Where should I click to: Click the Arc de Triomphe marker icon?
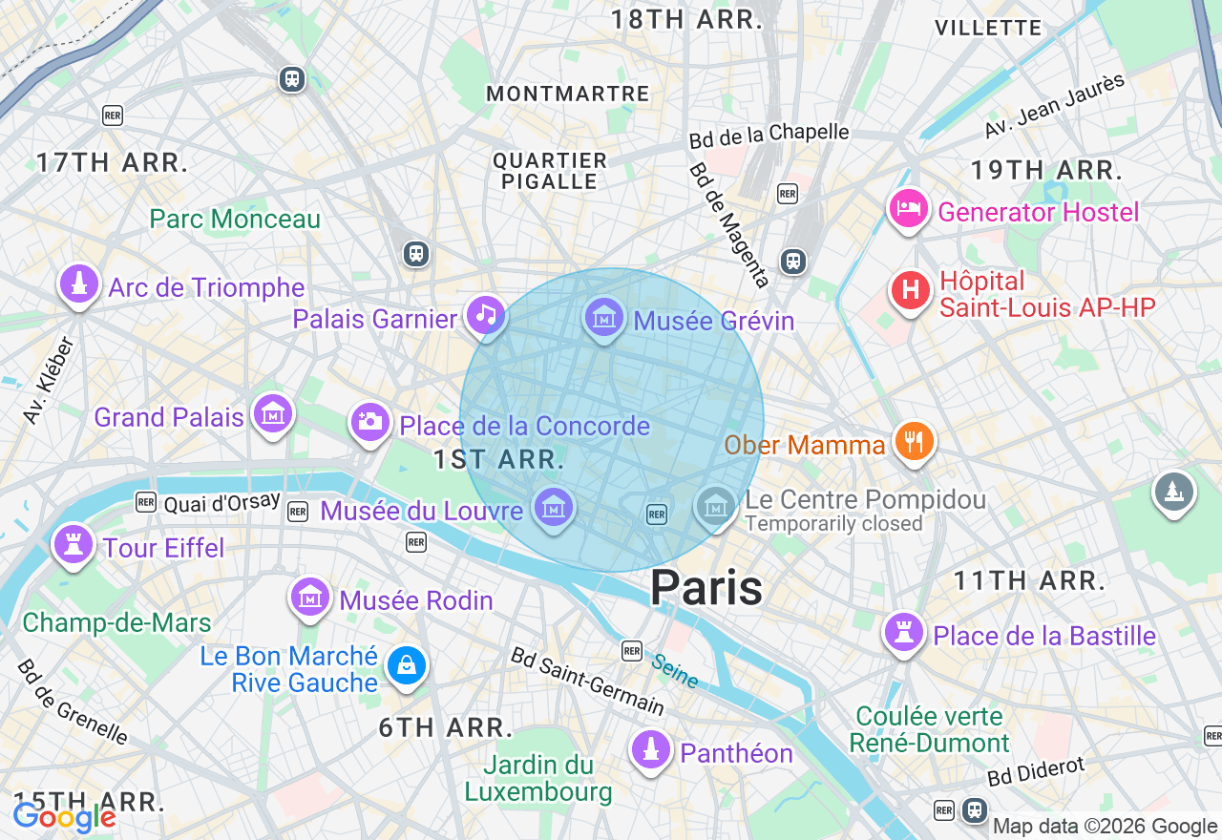tap(78, 284)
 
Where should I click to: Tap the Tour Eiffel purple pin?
tap(74, 544)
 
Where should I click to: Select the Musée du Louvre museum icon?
tap(553, 507)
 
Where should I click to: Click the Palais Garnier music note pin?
tap(485, 314)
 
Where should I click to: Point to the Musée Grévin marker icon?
tap(604, 317)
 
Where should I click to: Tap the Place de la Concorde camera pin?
tap(369, 421)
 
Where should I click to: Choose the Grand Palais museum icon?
tap(273, 414)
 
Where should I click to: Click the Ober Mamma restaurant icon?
tap(914, 441)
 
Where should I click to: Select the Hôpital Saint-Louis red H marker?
tap(910, 289)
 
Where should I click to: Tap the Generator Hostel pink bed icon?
tap(908, 208)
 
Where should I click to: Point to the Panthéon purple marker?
tap(651, 749)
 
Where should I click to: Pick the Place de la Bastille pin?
tap(903, 632)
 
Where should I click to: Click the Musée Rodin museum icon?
tap(309, 598)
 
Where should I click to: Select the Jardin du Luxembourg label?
tap(538, 778)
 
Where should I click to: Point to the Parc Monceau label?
tap(235, 219)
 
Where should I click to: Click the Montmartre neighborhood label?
tap(568, 94)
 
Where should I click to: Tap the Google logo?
tap(64, 817)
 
